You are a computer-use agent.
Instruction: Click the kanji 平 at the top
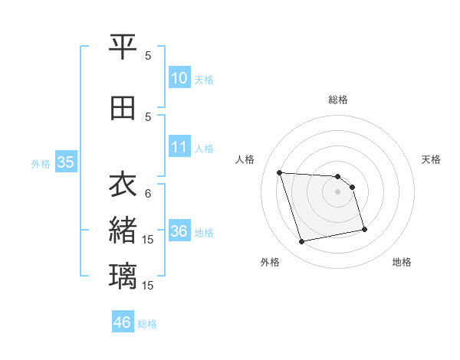tap(123, 48)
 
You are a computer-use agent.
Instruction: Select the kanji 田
tap(123, 109)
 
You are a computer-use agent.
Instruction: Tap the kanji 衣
tap(123, 185)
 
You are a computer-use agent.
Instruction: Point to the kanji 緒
tap(123, 230)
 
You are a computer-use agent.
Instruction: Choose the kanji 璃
tap(123, 275)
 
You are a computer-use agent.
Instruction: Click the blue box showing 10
tap(179, 78)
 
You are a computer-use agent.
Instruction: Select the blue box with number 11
tap(179, 148)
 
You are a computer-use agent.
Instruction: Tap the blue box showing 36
tap(179, 231)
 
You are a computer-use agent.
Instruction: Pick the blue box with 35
tap(65, 162)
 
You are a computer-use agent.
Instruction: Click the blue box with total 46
tap(123, 322)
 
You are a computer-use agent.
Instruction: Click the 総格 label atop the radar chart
tap(338, 100)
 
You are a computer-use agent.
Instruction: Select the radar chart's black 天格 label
tap(431, 159)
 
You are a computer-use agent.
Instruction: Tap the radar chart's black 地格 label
tap(402, 262)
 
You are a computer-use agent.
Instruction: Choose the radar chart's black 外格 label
tap(270, 262)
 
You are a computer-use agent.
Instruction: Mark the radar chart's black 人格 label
tap(245, 159)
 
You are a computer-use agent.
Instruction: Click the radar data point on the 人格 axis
tap(280, 172)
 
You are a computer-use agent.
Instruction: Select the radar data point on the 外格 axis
tap(302, 242)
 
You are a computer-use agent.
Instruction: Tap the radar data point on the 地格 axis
tap(364, 229)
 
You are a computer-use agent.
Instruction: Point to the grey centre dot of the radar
tap(338, 191)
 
